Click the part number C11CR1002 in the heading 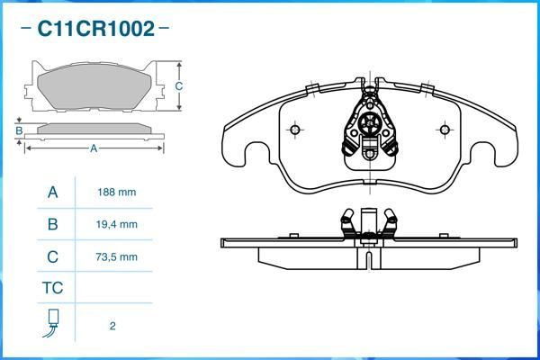click(94, 29)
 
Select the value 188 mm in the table click(117, 193)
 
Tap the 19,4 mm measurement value click(117, 224)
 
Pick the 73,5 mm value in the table click(117, 256)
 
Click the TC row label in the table click(52, 289)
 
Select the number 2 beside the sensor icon click(112, 326)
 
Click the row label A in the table click(52, 193)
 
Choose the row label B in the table click(52, 224)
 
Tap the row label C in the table click(52, 256)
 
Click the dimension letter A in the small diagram click(93, 148)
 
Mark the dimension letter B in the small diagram click(18, 130)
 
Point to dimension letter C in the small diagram click(179, 86)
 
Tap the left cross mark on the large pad click(294, 128)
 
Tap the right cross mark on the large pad click(443, 128)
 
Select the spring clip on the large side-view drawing click(369, 225)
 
